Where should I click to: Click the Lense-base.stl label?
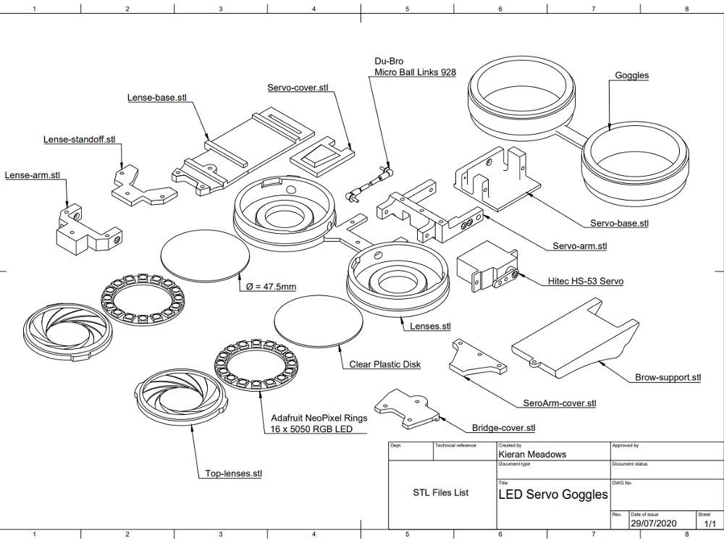(157, 98)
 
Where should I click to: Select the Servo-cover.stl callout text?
(298, 88)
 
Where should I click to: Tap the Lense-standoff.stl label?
(80, 140)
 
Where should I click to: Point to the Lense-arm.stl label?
(33, 175)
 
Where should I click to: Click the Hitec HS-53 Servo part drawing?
(486, 267)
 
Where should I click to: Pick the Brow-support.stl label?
(668, 377)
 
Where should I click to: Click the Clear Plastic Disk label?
(384, 365)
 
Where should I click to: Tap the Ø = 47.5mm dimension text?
(269, 287)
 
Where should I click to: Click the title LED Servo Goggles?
(553, 494)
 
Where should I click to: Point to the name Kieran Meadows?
(533, 455)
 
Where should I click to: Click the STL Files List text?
(440, 492)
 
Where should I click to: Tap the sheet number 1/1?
(706, 523)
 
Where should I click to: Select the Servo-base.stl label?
(619, 224)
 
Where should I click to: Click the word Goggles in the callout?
(631, 75)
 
